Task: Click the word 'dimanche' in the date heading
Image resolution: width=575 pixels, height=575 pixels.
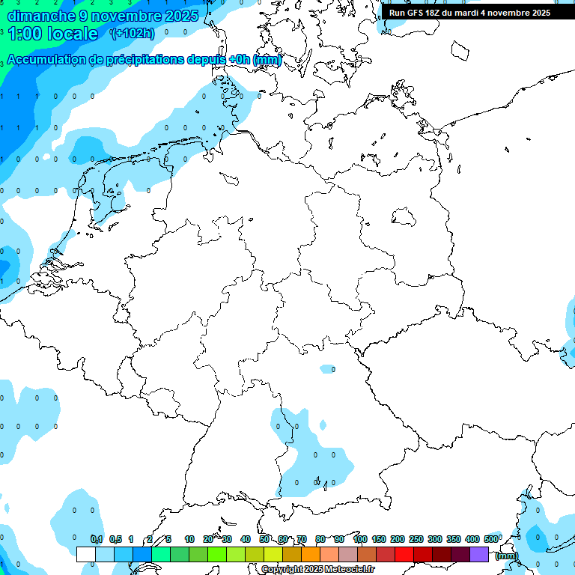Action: (x=37, y=15)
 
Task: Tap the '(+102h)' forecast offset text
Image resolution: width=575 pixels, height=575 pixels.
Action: (x=132, y=33)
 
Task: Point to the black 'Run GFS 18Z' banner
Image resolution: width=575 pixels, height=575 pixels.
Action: (x=470, y=13)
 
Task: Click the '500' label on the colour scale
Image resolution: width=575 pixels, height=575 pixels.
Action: (x=491, y=539)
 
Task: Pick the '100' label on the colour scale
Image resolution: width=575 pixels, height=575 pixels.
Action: (x=359, y=539)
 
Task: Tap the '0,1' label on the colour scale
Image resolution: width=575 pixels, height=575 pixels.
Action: (x=96, y=539)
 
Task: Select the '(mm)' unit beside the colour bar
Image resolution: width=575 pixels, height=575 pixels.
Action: (x=506, y=556)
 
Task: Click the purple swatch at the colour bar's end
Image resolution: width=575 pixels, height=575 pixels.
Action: (x=479, y=554)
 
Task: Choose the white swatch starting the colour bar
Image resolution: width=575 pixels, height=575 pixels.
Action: (x=86, y=554)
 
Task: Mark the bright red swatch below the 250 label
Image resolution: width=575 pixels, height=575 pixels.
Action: (x=404, y=554)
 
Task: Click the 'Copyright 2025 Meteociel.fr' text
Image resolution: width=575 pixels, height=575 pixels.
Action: (x=317, y=570)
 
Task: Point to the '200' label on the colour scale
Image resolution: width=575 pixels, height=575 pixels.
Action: (x=397, y=539)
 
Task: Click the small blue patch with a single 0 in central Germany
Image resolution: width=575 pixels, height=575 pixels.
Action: (x=328, y=369)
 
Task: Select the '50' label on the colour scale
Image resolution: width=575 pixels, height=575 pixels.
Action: (x=264, y=539)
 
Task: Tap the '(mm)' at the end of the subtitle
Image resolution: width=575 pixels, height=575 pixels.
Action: (x=267, y=60)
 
